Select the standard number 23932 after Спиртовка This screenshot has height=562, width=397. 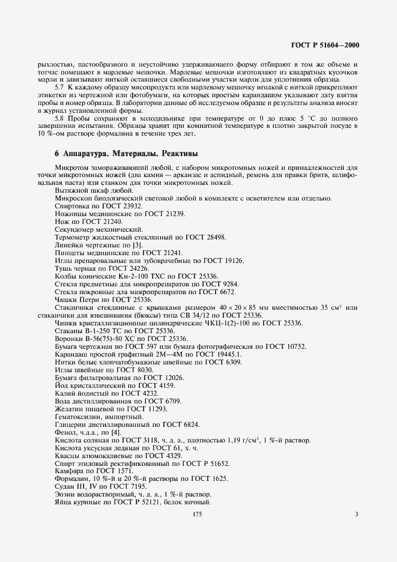pos(129,206)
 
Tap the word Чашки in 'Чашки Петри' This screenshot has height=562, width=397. pos(66,300)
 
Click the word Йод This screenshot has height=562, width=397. pos(61,385)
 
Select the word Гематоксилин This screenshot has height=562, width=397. pos(79,416)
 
